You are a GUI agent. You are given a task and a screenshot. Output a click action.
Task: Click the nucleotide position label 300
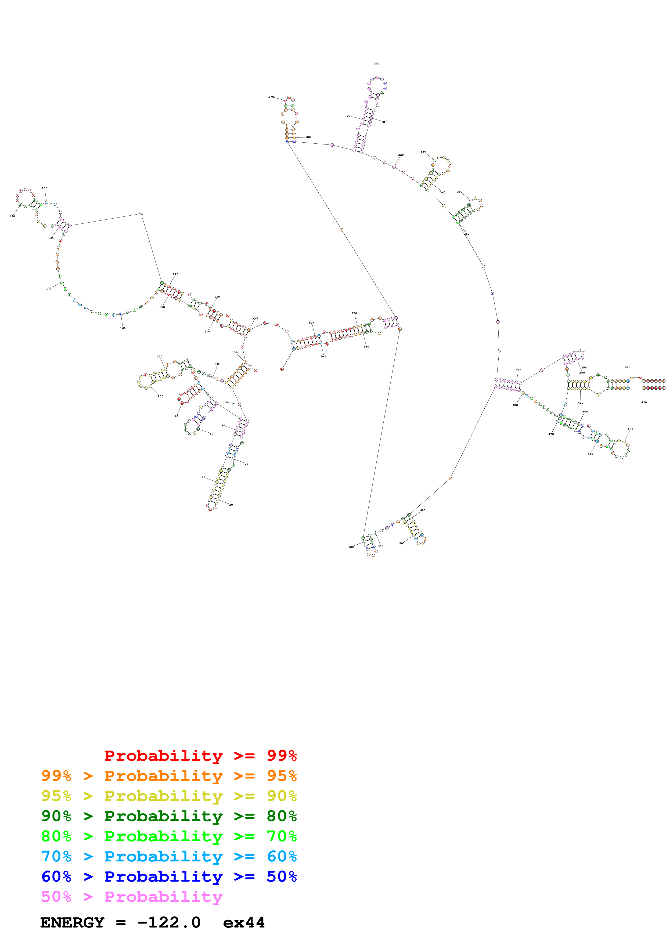[376, 64]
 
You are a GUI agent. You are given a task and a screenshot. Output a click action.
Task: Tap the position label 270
[271, 97]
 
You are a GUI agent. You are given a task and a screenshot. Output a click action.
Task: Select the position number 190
[12, 216]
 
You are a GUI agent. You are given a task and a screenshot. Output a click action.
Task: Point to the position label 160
[123, 328]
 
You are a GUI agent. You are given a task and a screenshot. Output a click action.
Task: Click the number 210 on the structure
[175, 274]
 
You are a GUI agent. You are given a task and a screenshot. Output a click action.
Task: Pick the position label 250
[354, 313]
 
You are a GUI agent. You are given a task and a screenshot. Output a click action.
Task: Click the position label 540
[324, 357]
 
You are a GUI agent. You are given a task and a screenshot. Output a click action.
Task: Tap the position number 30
[231, 505]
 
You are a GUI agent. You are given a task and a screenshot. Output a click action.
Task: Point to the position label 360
[467, 234]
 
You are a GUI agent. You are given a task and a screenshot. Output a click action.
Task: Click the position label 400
[627, 367]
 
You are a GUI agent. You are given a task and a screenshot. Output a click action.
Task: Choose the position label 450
[630, 429]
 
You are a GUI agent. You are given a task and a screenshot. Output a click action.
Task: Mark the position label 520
[351, 547]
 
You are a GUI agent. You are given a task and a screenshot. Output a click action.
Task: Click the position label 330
[423, 151]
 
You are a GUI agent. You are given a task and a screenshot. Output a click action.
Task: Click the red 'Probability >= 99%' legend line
[200, 756]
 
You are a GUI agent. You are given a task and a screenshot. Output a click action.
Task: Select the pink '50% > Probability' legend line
[132, 896]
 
